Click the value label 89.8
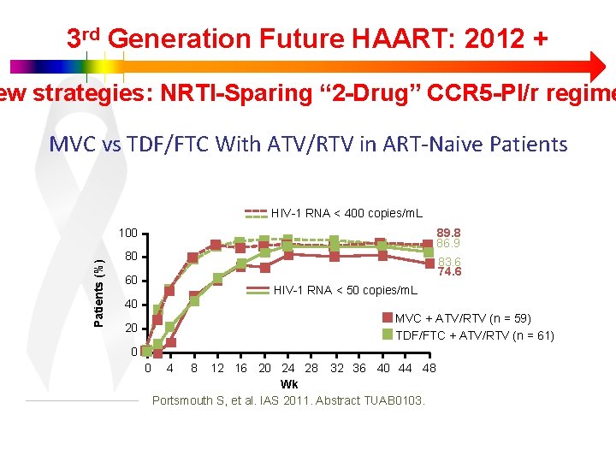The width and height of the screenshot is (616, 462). pos(449,233)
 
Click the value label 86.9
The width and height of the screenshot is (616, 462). pos(449,243)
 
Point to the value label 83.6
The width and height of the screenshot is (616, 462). pos(449,263)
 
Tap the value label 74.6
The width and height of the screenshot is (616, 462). pos(449,272)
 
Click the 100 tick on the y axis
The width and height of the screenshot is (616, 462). pos(128,234)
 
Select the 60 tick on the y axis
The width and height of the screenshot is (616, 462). pos(131,281)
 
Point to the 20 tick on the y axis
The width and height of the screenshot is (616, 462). pos(131,329)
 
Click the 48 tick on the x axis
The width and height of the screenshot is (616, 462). pos(429,369)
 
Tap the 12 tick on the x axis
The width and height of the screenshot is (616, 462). pos(217,369)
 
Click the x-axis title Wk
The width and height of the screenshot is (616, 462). pos(289,384)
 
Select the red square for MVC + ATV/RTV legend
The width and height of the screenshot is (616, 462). pos(388,319)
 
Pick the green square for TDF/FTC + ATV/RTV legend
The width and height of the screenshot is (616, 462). pos(388,335)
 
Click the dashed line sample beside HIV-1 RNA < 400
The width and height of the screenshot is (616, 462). pos(257,213)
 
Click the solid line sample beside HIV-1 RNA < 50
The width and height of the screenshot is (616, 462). pos(258,291)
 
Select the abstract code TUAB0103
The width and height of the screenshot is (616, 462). pos(394,400)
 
